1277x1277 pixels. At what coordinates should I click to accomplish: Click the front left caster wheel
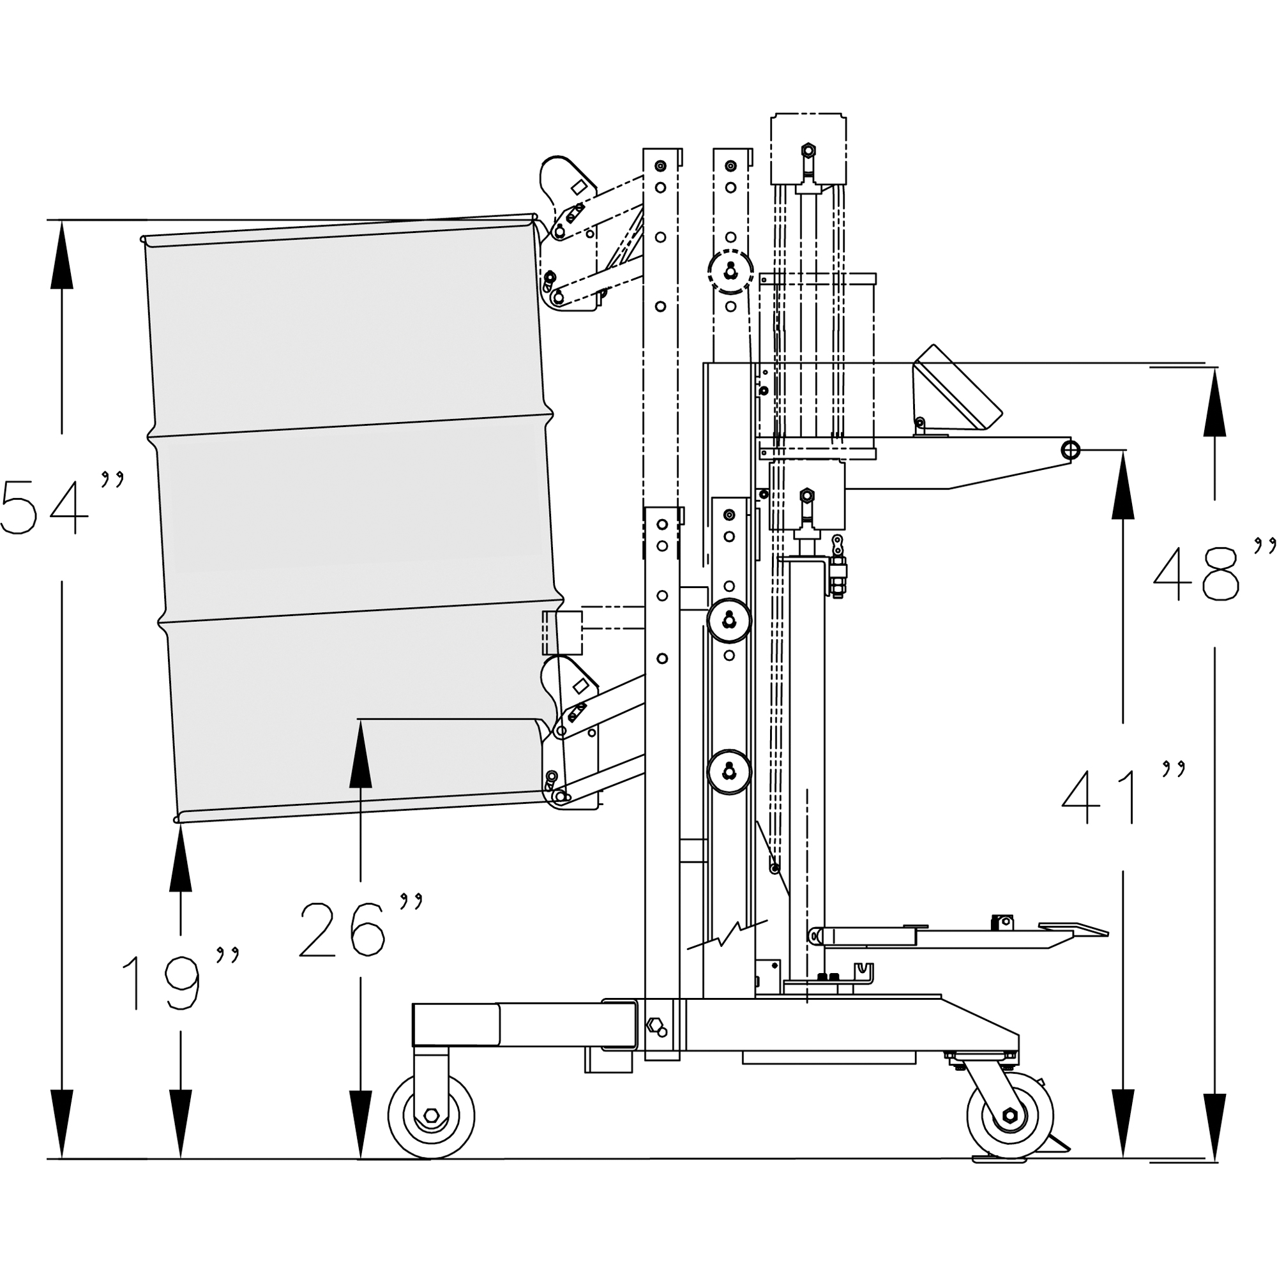click(431, 1116)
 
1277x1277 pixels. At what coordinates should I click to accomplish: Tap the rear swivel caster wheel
click(1009, 1116)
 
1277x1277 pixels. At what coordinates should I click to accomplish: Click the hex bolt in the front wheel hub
click(431, 1116)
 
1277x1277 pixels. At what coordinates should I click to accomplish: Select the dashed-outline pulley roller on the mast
click(730, 271)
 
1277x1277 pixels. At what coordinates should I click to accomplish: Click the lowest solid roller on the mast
click(729, 772)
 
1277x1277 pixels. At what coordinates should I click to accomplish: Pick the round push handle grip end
click(1070, 451)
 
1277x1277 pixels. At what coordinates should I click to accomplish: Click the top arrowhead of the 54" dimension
click(61, 255)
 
